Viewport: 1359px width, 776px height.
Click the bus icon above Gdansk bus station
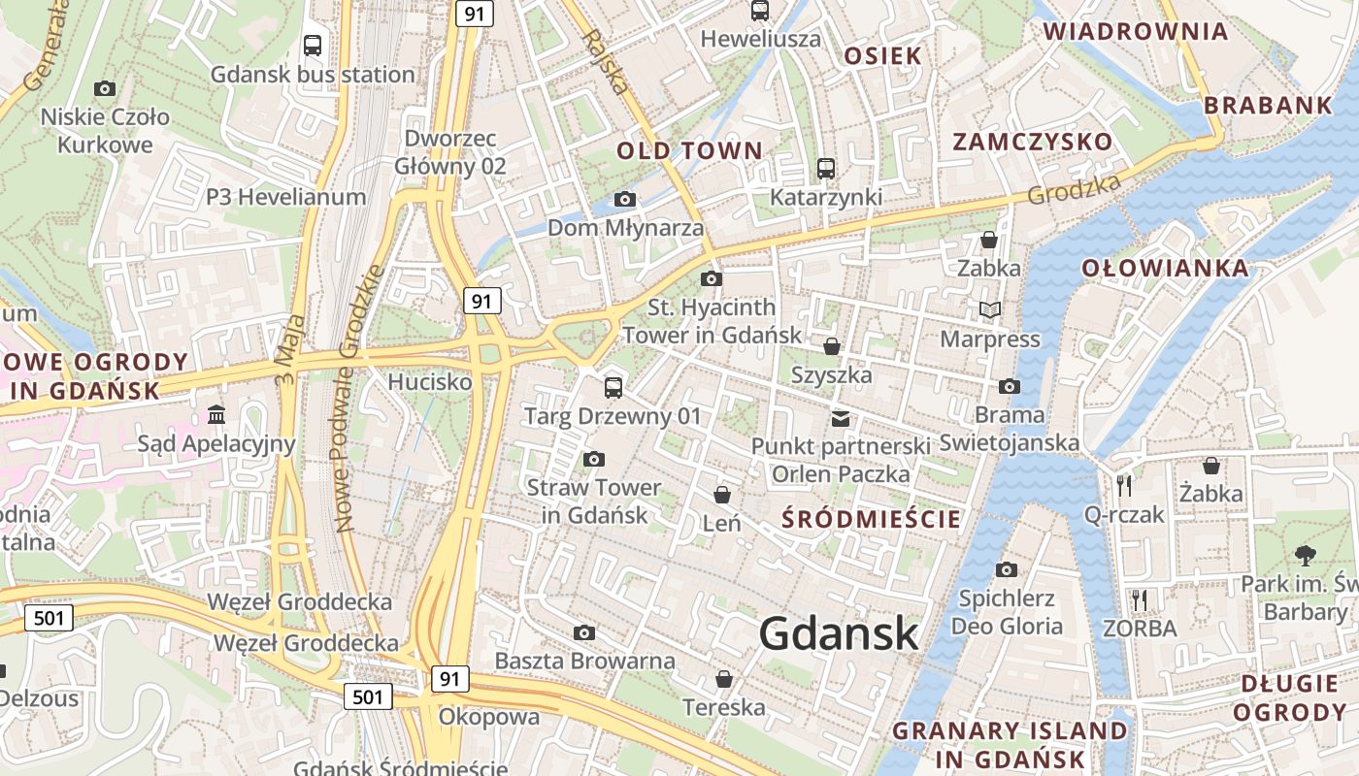(x=313, y=45)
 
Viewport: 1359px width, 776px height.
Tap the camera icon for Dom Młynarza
(x=625, y=200)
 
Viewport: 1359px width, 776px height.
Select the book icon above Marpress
(x=989, y=310)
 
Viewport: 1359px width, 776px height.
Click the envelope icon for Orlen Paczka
(x=841, y=419)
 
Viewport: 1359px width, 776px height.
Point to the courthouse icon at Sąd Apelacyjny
(x=216, y=415)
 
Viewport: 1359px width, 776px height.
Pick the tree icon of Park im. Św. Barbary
(x=1305, y=556)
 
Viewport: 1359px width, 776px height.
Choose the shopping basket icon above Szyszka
(x=832, y=346)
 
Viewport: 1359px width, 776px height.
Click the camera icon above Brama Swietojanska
(x=1010, y=386)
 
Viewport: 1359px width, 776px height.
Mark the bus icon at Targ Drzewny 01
(x=613, y=388)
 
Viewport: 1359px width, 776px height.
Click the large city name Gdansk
(x=839, y=633)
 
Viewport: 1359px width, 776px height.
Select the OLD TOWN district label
(x=690, y=150)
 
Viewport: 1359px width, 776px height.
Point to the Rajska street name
(x=606, y=61)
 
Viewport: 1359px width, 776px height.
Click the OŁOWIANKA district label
(x=1165, y=268)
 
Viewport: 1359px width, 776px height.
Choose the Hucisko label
(x=430, y=382)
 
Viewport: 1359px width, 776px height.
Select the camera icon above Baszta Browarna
(x=583, y=633)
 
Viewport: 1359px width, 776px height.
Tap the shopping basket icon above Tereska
(x=723, y=679)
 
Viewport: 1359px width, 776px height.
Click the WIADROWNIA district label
(x=1136, y=31)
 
